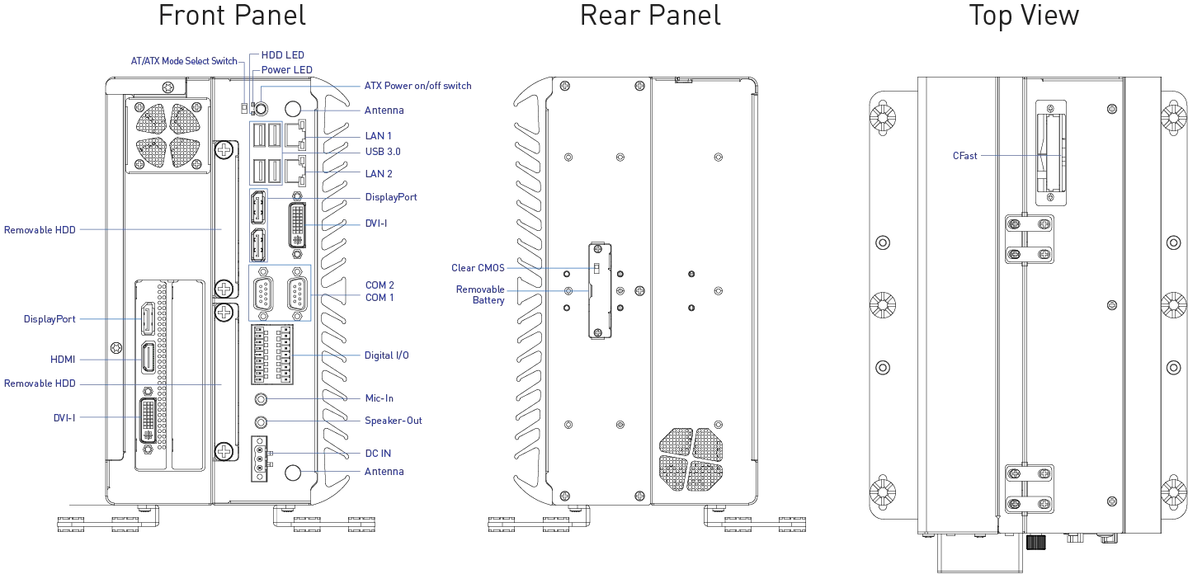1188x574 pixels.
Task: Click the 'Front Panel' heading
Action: pos(232,16)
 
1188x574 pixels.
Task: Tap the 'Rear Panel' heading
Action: pos(650,16)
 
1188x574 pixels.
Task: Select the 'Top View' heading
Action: pos(1024,16)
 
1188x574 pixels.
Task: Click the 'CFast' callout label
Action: pos(964,156)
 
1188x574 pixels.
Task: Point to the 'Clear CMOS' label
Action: pos(478,268)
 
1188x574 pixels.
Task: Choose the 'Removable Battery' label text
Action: pos(480,294)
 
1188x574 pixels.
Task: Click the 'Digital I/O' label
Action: pos(387,355)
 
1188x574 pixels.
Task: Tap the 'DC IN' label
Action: pos(378,454)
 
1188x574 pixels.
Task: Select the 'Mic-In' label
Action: pos(379,398)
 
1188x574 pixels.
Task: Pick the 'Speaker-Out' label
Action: pos(394,421)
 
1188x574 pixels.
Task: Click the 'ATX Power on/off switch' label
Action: pos(418,86)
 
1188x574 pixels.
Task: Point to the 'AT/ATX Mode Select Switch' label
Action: pos(184,62)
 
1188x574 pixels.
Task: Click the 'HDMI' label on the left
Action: pos(63,360)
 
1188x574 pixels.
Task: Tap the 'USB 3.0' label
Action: pos(383,152)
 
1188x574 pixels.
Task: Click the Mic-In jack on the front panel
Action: pos(261,399)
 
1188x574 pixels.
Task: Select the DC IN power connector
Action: pos(259,459)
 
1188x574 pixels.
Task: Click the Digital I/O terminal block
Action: pos(272,355)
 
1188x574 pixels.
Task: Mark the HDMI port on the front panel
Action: pos(148,358)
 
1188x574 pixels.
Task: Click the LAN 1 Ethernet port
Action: pos(295,136)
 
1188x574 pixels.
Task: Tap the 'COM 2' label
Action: pos(379,285)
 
